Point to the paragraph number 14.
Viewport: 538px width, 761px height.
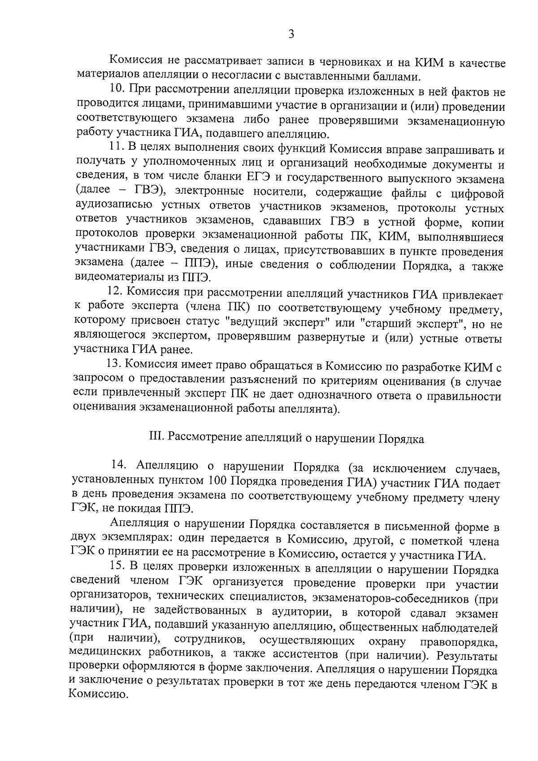(x=120, y=466)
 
